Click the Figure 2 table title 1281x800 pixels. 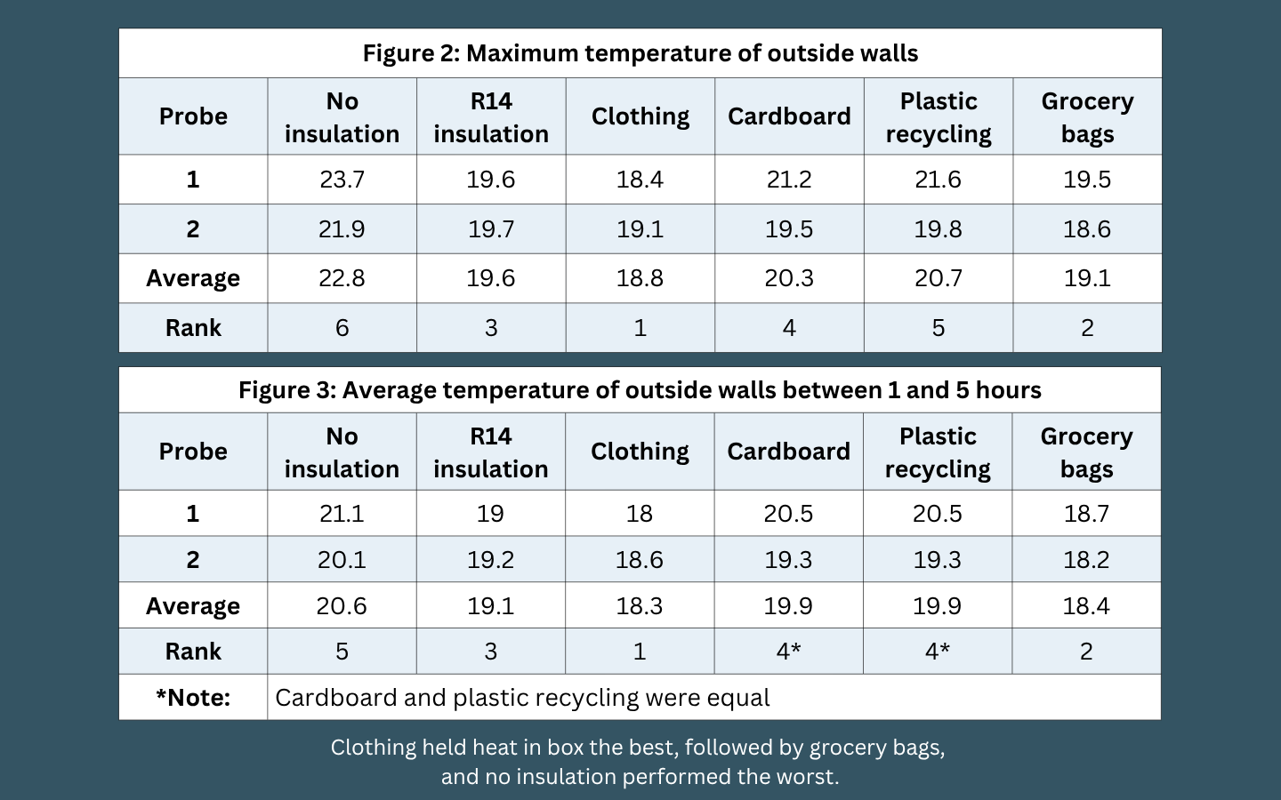click(640, 53)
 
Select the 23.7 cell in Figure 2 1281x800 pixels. click(342, 180)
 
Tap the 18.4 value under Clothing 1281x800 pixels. click(640, 180)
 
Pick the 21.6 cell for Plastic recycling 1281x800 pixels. click(938, 180)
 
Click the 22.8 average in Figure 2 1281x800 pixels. click(342, 278)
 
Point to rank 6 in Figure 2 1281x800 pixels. click(342, 328)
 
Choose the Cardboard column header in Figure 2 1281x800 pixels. click(789, 116)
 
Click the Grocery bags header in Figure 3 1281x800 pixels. click(1086, 452)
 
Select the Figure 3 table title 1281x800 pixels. click(640, 390)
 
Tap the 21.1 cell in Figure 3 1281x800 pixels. click(342, 514)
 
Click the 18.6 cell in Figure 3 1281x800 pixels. click(640, 559)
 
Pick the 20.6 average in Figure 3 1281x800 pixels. click(342, 605)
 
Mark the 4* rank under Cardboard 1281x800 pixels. click(788, 652)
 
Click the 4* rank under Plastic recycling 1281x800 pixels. click(938, 652)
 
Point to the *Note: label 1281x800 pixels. click(193, 698)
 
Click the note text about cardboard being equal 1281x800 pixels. click(522, 698)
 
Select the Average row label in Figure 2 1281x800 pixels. click(193, 279)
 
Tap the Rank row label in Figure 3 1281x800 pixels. click(193, 652)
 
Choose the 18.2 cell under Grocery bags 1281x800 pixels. click(1086, 559)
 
